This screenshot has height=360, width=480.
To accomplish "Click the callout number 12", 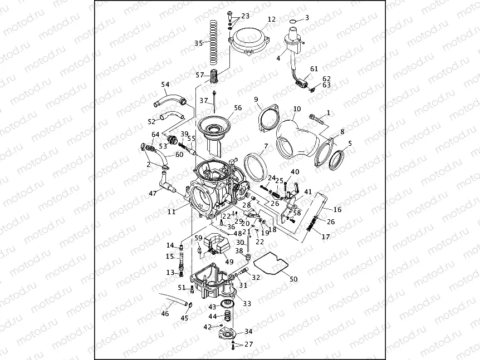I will tap(271, 19).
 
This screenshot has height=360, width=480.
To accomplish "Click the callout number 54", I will tap(165, 85).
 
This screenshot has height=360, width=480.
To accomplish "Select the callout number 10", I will tap(296, 109).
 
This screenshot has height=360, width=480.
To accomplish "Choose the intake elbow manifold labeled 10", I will tap(295, 139).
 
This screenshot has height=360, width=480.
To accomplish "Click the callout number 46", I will tap(165, 314).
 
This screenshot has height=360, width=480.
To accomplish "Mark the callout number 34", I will tap(248, 331).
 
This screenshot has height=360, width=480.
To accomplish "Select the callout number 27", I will tap(248, 344).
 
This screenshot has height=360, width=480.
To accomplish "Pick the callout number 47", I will tap(152, 193).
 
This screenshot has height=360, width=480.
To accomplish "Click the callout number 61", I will tap(315, 69).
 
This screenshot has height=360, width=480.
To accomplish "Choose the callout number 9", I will tap(257, 100).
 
